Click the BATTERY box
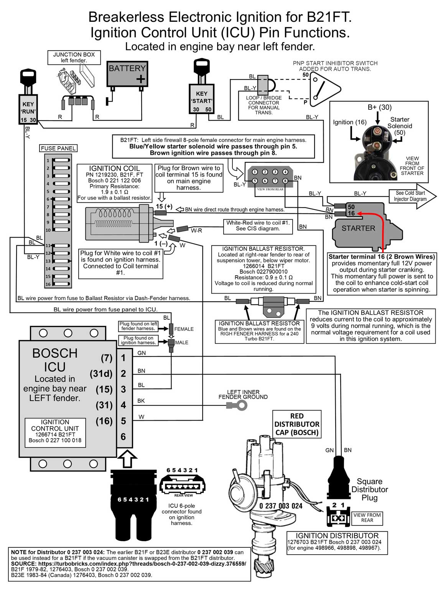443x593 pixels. (x=127, y=74)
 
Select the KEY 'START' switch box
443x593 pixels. (x=201, y=99)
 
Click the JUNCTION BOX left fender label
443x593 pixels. (x=74, y=57)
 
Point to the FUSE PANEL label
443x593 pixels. (x=58, y=148)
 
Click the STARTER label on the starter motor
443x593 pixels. (x=358, y=228)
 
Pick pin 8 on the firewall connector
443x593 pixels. (x=285, y=181)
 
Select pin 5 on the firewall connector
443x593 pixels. (x=255, y=181)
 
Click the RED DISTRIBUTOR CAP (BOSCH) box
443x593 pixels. (x=296, y=424)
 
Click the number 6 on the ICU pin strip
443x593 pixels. (x=124, y=437)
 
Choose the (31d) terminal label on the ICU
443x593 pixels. (x=101, y=373)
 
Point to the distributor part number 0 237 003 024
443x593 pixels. (x=281, y=506)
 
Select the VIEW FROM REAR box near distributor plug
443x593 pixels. (x=367, y=518)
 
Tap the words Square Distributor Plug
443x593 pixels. (x=369, y=489)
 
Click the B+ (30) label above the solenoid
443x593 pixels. (x=379, y=107)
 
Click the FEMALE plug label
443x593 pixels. (x=184, y=329)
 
